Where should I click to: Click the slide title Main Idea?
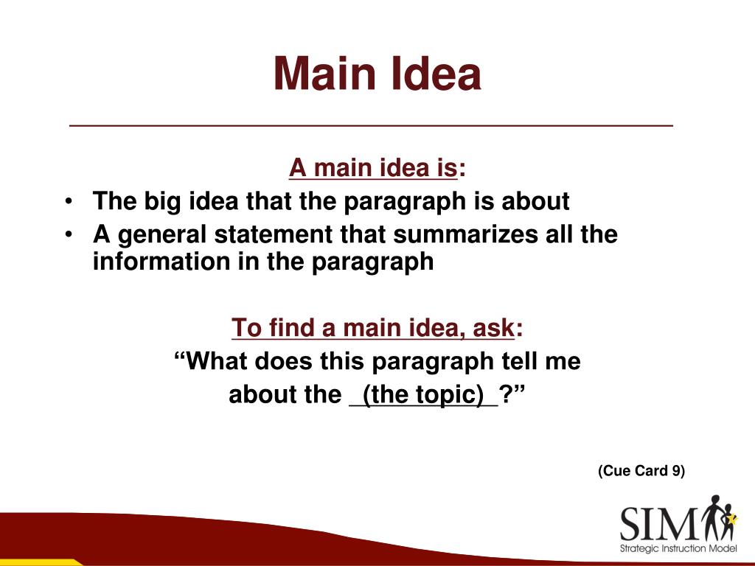[x=377, y=74]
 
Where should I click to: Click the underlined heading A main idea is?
[x=373, y=168]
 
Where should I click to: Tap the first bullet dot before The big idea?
[x=69, y=201]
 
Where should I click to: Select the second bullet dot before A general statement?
[x=69, y=234]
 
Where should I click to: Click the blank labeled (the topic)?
[x=423, y=395]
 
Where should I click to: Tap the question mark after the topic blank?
[x=507, y=395]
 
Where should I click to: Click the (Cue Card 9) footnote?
[x=641, y=471]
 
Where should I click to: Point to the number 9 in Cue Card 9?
[x=675, y=471]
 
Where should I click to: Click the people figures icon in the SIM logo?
[x=719, y=517]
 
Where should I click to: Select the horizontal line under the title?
[x=371, y=126]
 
